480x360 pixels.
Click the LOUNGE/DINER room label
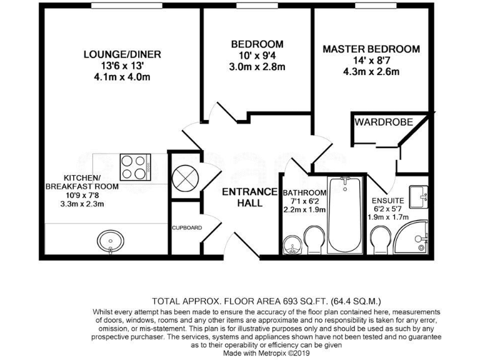coord(122,54)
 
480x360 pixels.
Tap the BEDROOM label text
coord(257,44)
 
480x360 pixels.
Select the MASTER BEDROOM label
coord(371,49)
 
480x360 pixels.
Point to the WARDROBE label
coord(384,122)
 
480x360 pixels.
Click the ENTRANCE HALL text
coord(250,197)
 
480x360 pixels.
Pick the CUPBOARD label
coord(187,227)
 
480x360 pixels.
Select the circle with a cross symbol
coord(186,177)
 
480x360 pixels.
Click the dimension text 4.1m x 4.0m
coord(122,77)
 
